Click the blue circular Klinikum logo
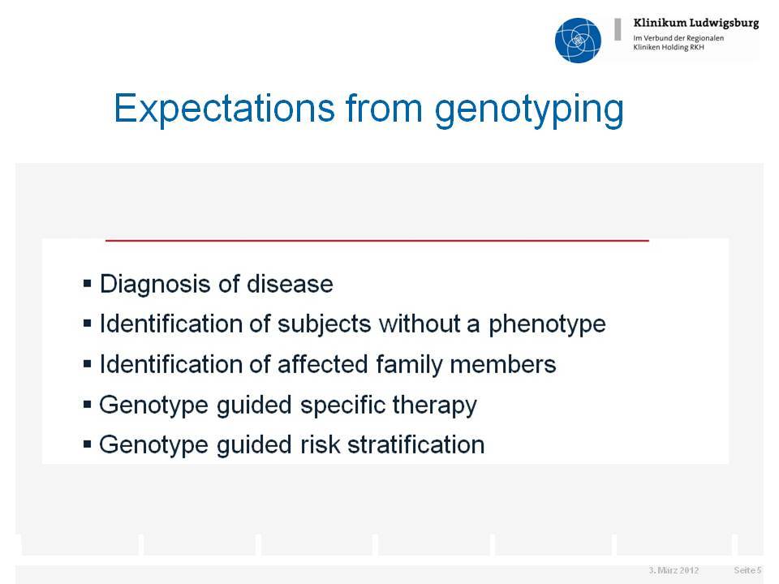pos(578,41)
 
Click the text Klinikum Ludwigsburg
pos(696,24)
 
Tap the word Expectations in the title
pos(224,108)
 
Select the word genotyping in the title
pos(529,111)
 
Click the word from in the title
pos(384,108)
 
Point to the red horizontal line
pos(377,240)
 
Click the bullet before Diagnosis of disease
pos(88,284)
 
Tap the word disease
pos(290,284)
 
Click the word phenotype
pos(547,325)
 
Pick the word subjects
pos(324,325)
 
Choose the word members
pos(503,364)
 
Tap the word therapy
pos(434,406)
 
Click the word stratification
pos(415,444)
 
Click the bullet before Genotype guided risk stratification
pos(88,444)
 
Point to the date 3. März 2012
pos(674,570)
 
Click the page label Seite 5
pos(747,570)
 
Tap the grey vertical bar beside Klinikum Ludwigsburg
pos(618,29)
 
